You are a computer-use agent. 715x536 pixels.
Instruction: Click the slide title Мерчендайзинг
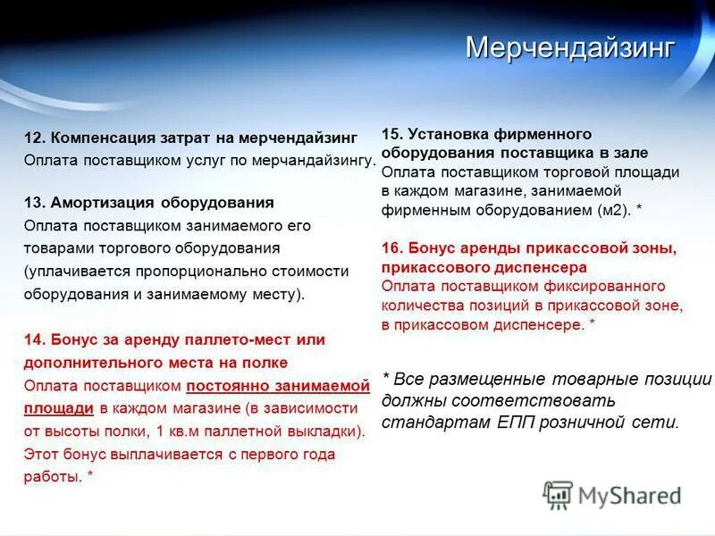click(569, 47)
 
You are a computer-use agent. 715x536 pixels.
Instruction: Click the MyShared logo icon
click(558, 494)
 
